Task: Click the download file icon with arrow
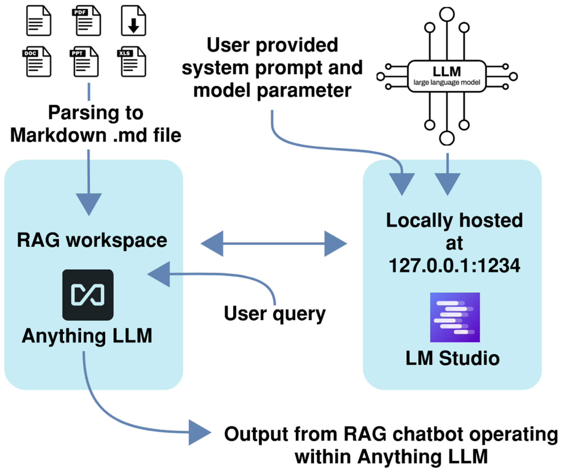click(133, 21)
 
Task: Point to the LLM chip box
click(447, 76)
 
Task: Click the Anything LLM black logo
click(88, 295)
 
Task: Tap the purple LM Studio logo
click(455, 317)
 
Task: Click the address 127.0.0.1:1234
click(454, 266)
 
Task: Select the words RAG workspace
click(92, 240)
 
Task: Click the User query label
click(275, 314)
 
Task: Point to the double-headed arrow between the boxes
click(274, 243)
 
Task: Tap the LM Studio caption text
click(452, 358)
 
